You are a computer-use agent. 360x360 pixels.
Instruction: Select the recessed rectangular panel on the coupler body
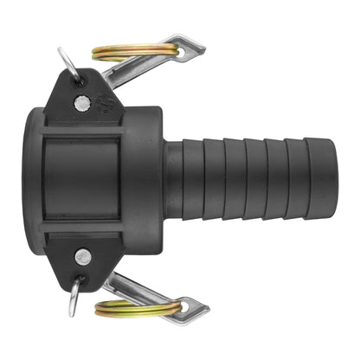click(84, 179)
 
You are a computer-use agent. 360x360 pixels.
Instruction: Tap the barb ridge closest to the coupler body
click(196, 180)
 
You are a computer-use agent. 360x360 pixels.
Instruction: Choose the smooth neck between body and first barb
click(173, 180)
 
